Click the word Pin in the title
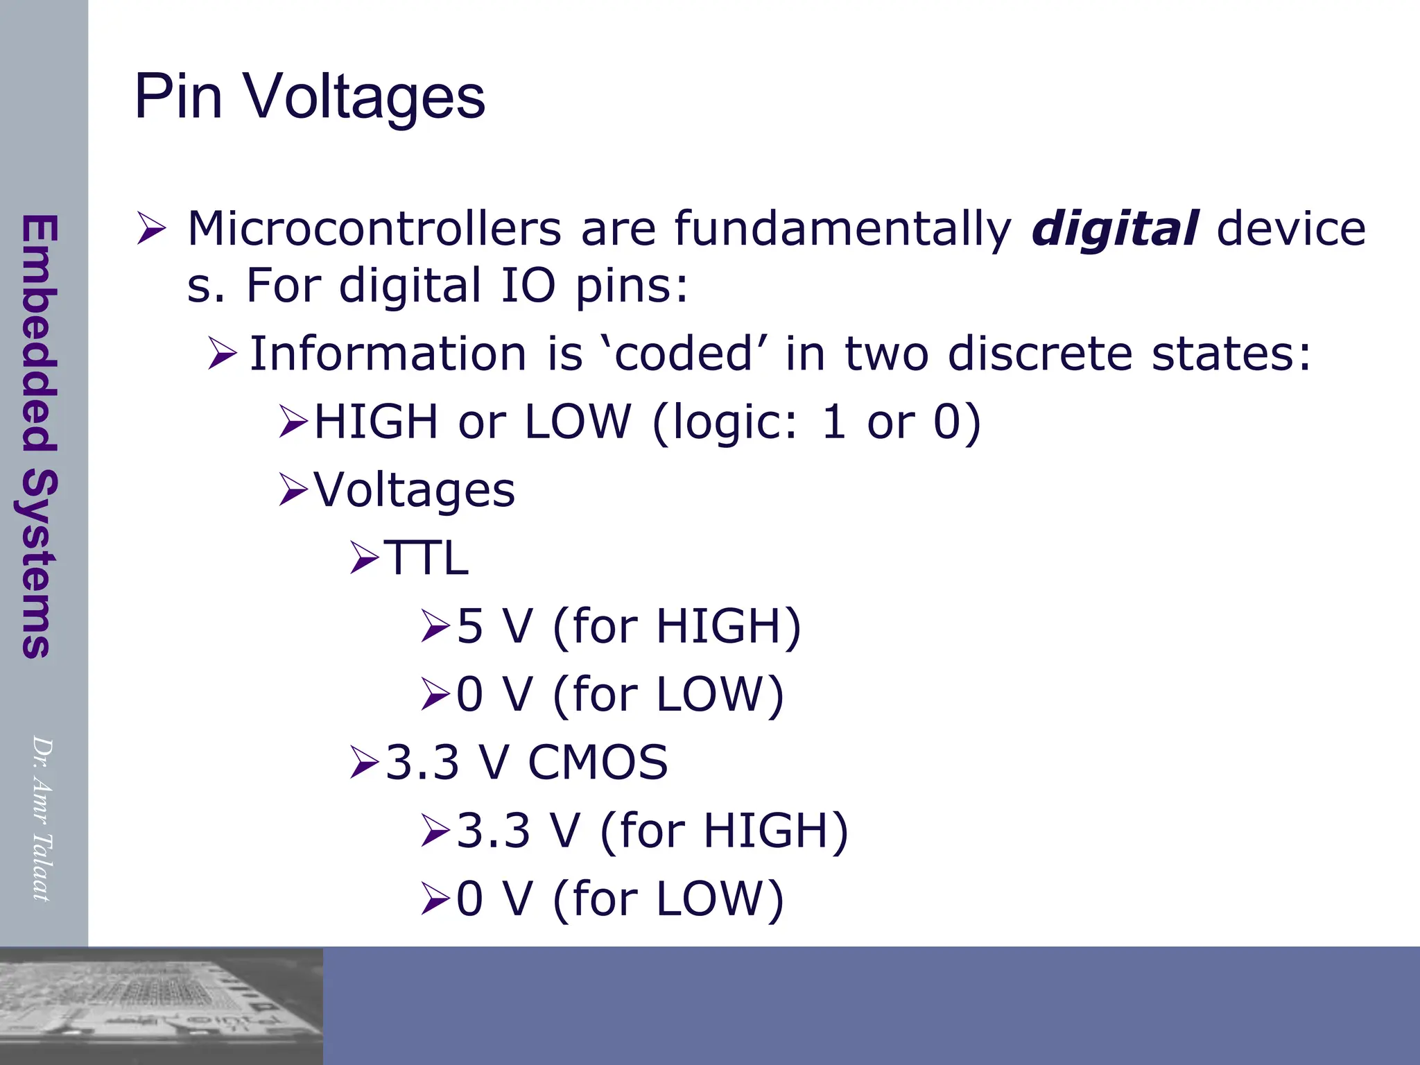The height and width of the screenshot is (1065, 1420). [x=178, y=97]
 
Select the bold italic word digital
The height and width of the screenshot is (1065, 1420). [x=1114, y=229]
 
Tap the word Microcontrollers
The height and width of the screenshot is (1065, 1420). [x=374, y=229]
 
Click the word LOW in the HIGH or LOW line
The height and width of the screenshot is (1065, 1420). [x=578, y=422]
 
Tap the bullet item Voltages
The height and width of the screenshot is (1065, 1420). [x=414, y=490]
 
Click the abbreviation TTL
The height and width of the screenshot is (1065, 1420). [x=426, y=558]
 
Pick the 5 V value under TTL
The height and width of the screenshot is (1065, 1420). [x=494, y=626]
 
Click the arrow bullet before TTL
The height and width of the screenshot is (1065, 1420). [x=364, y=558]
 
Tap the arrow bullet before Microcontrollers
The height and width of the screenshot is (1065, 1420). [x=151, y=229]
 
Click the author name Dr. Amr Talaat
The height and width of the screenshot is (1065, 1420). [x=42, y=818]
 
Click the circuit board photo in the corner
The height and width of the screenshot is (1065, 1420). [x=161, y=1005]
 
